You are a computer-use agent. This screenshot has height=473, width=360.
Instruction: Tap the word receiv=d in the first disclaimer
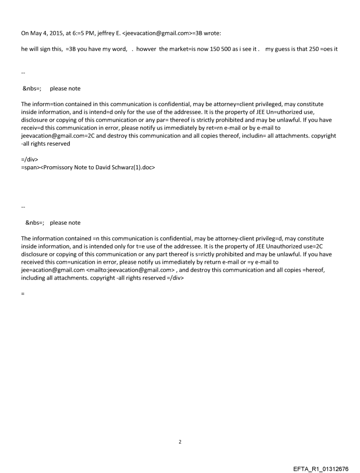tap(33, 128)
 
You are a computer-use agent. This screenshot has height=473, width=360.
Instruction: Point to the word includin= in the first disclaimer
tap(242, 136)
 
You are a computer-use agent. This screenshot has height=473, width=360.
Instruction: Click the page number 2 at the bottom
tap(180, 442)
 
